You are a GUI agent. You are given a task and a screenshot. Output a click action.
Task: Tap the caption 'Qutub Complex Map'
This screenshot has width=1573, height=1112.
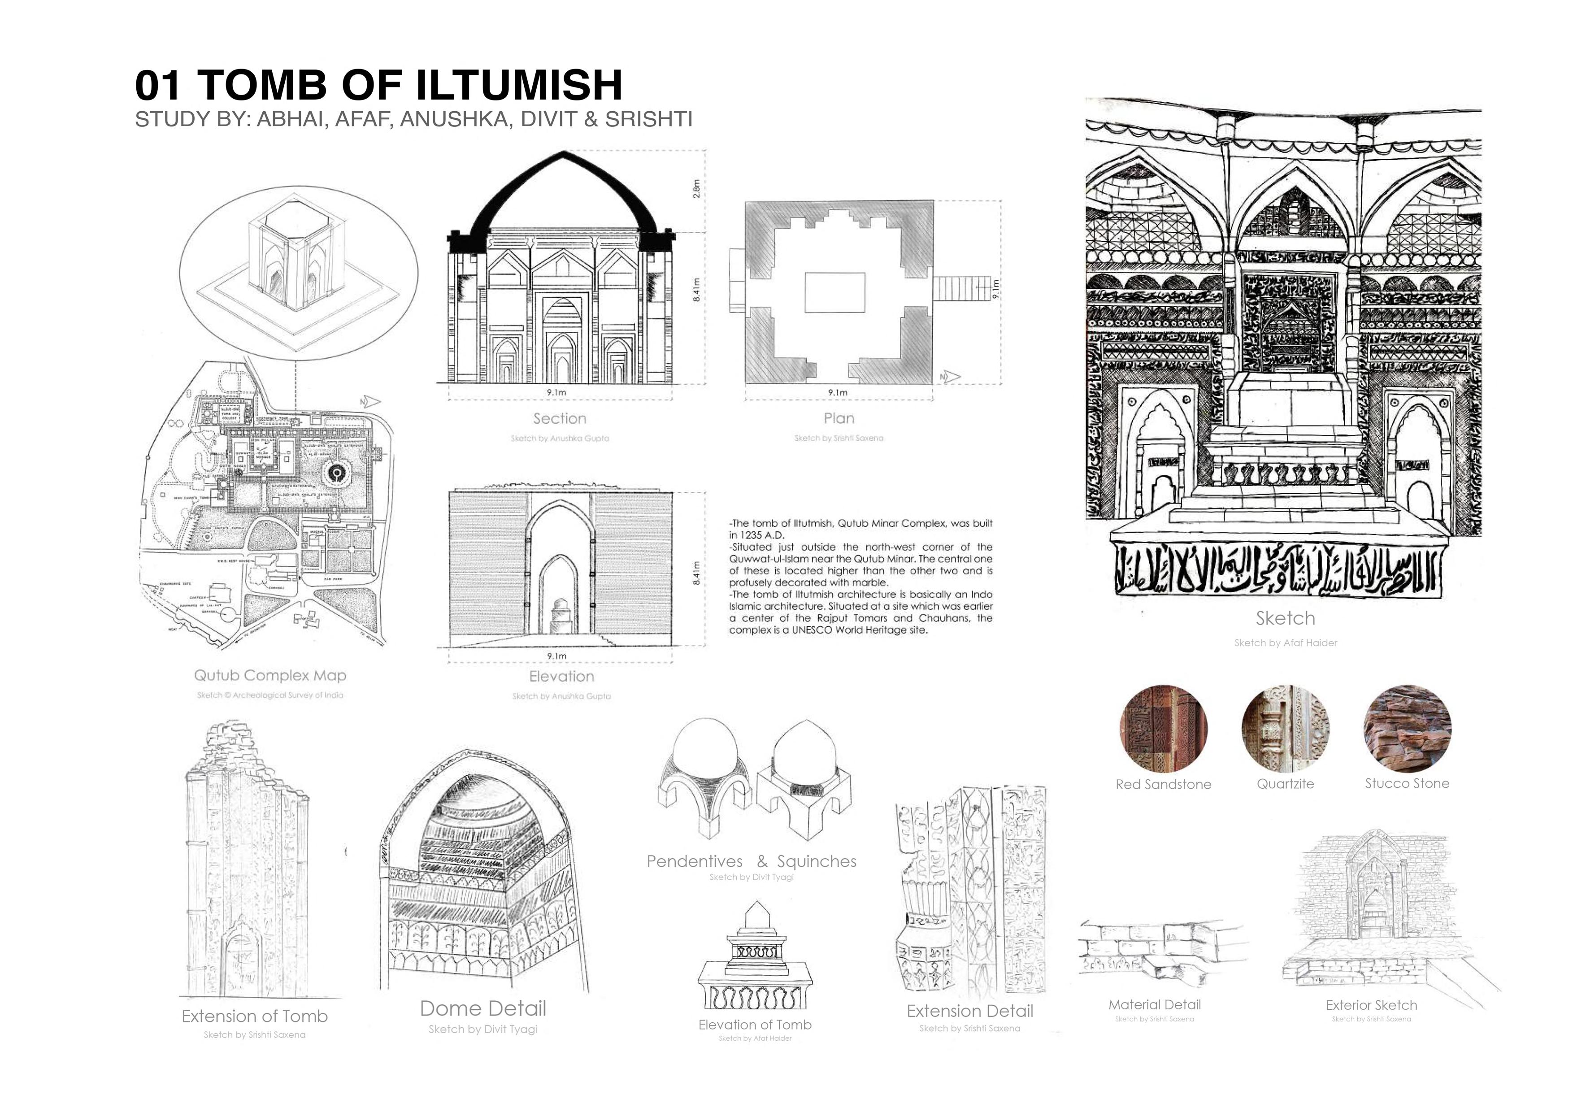pyautogui.click(x=270, y=676)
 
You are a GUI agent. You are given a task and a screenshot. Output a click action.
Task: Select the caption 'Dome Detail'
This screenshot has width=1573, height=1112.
pyautogui.click(x=483, y=1008)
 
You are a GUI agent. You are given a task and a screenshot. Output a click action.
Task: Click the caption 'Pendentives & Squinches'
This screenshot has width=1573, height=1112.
pyautogui.click(x=752, y=862)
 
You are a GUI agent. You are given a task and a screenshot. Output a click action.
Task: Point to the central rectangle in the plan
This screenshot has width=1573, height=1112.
pyautogui.click(x=834, y=292)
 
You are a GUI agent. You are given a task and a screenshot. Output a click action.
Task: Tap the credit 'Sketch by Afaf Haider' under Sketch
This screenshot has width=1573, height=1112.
pyautogui.click(x=1285, y=643)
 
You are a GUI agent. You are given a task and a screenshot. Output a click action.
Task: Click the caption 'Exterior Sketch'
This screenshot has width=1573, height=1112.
pyautogui.click(x=1371, y=1005)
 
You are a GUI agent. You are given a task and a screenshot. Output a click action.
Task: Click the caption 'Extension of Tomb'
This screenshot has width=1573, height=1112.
pyautogui.click(x=255, y=1016)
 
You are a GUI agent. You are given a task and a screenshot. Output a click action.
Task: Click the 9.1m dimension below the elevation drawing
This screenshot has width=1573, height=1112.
pyautogui.click(x=557, y=656)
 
